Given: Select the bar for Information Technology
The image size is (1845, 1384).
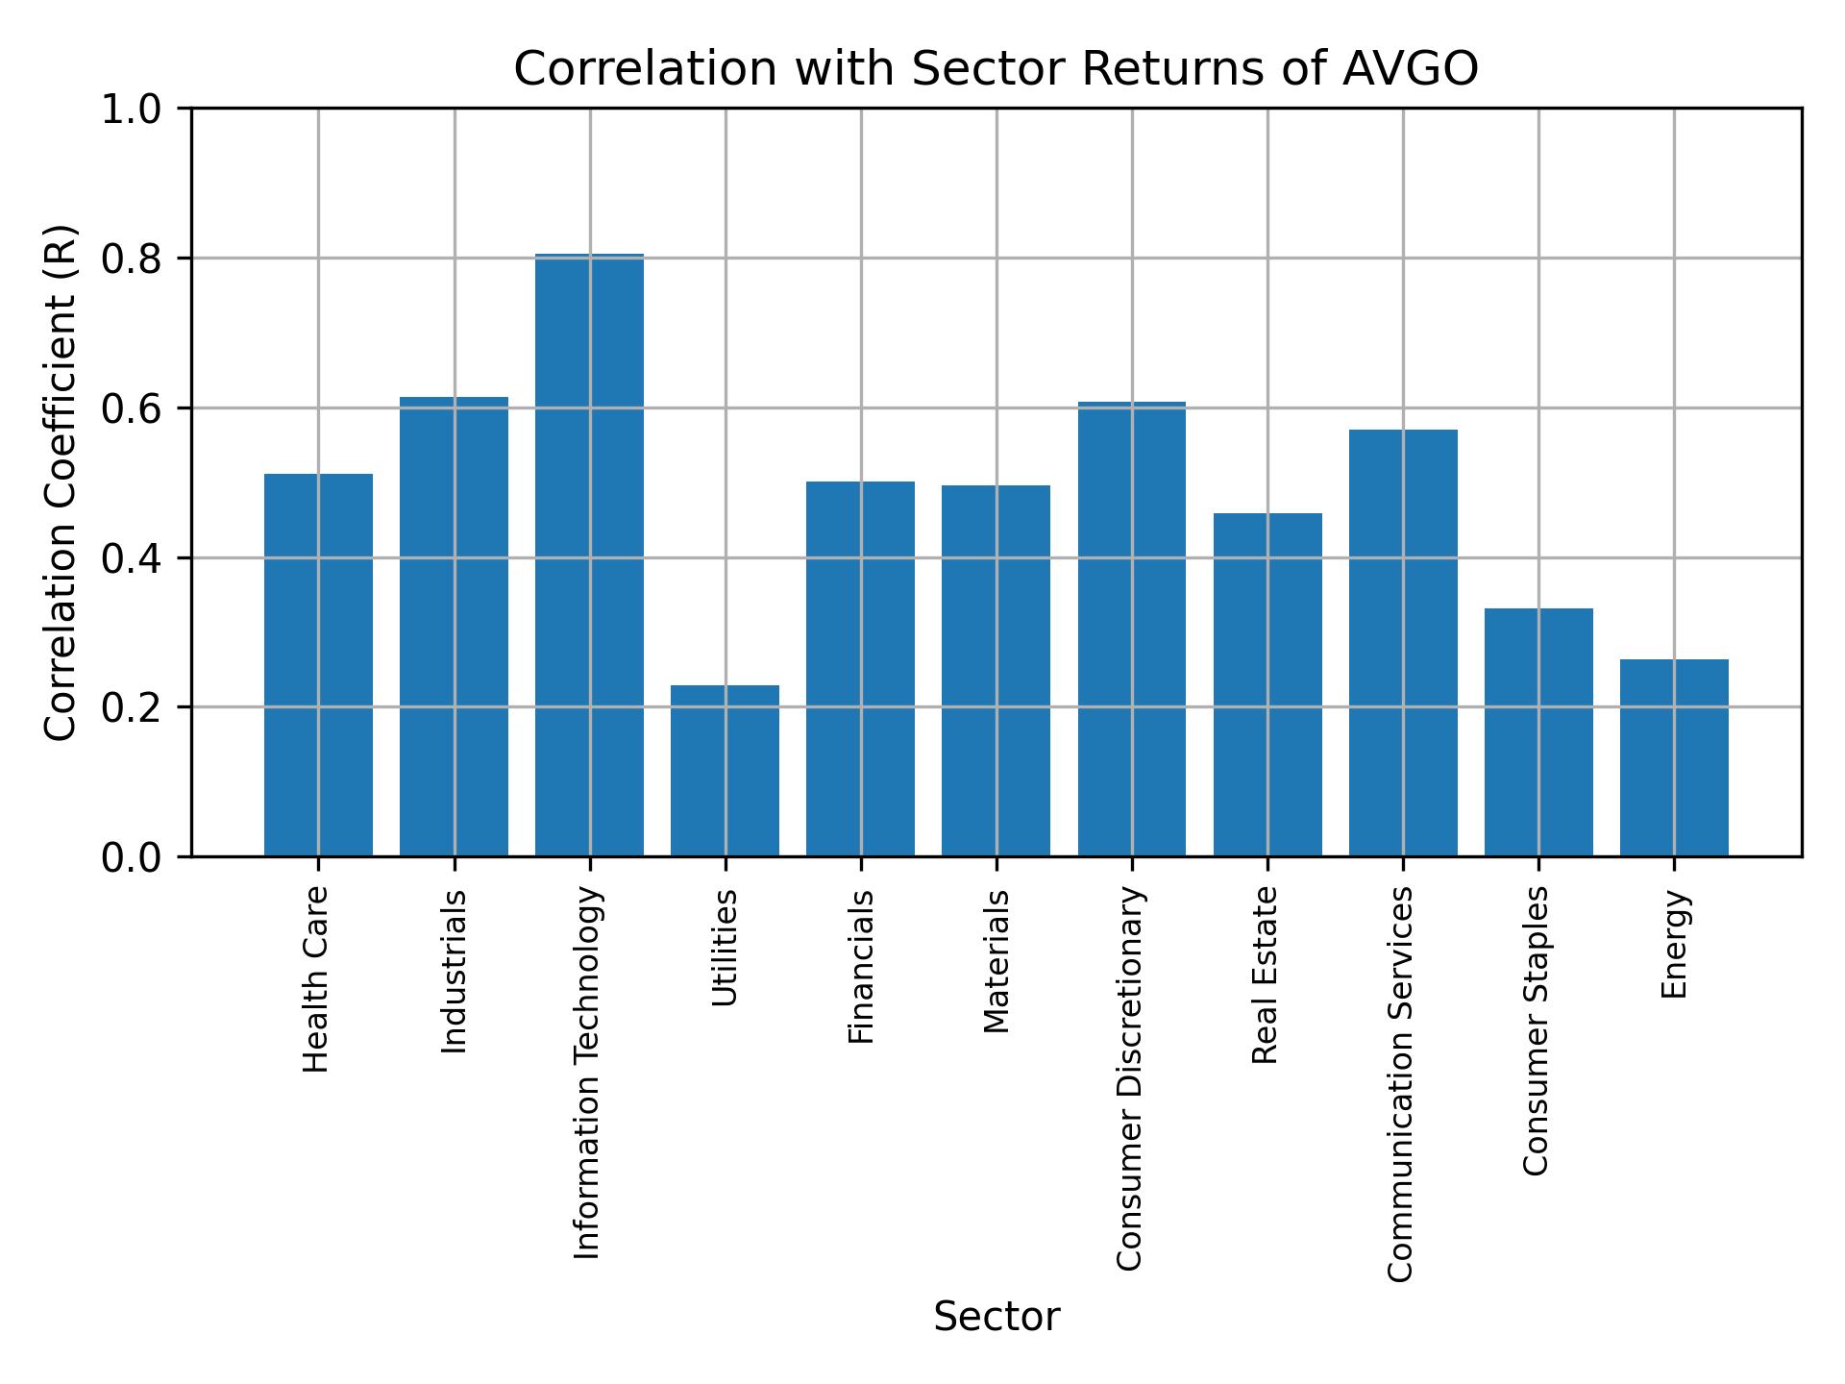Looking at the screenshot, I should coord(589,556).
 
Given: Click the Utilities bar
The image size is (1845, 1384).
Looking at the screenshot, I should coord(725,771).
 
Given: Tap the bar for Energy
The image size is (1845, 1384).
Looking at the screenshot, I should coord(1674,757).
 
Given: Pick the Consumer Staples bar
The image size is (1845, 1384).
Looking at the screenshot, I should coord(1538,732).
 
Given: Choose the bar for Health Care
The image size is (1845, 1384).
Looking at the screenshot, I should coord(318,665).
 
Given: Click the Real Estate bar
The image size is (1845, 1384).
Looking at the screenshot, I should coord(1267,684).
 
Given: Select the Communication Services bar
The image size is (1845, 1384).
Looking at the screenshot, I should coord(1403,642).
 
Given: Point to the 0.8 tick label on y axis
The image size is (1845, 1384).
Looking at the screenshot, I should coord(133,259).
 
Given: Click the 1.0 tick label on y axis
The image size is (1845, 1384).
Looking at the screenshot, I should coord(133,110).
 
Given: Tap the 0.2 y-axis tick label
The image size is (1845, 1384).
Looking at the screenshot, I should coord(133,707).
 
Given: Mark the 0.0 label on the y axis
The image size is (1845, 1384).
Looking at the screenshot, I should coord(133,857).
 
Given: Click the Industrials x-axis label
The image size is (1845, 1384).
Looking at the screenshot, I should coord(455,972).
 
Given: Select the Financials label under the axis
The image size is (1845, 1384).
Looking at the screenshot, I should coord(861,967).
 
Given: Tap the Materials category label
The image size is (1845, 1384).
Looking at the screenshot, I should coord(996,961).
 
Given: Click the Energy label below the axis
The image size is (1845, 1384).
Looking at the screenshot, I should coord(1674,944).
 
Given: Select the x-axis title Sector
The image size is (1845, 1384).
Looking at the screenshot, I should coord(996,1317).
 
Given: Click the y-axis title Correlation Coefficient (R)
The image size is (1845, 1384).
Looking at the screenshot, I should coord(60,482).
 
